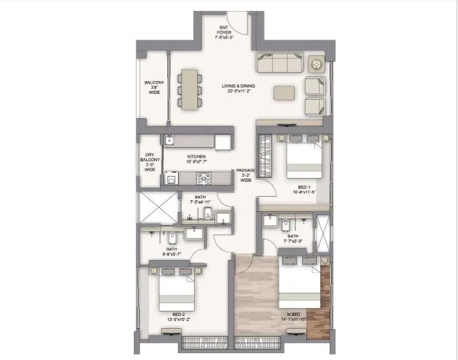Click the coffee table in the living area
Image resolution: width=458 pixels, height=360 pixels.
284,93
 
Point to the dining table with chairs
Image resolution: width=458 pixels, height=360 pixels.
189,89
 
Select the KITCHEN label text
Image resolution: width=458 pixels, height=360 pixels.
196,160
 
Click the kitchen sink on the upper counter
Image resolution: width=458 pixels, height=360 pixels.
171,140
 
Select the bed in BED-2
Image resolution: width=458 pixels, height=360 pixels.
176,292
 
